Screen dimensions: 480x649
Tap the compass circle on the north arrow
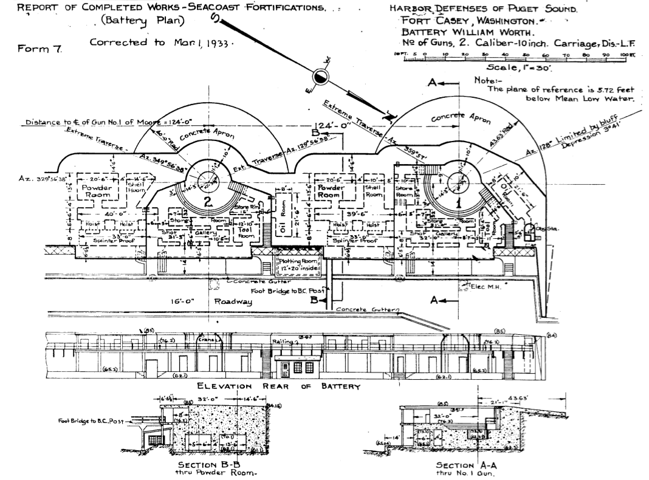320,77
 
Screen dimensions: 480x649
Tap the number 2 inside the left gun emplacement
208,204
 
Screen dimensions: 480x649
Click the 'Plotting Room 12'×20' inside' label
294,264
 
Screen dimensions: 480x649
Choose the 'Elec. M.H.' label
485,287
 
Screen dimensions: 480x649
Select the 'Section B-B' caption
210,464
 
